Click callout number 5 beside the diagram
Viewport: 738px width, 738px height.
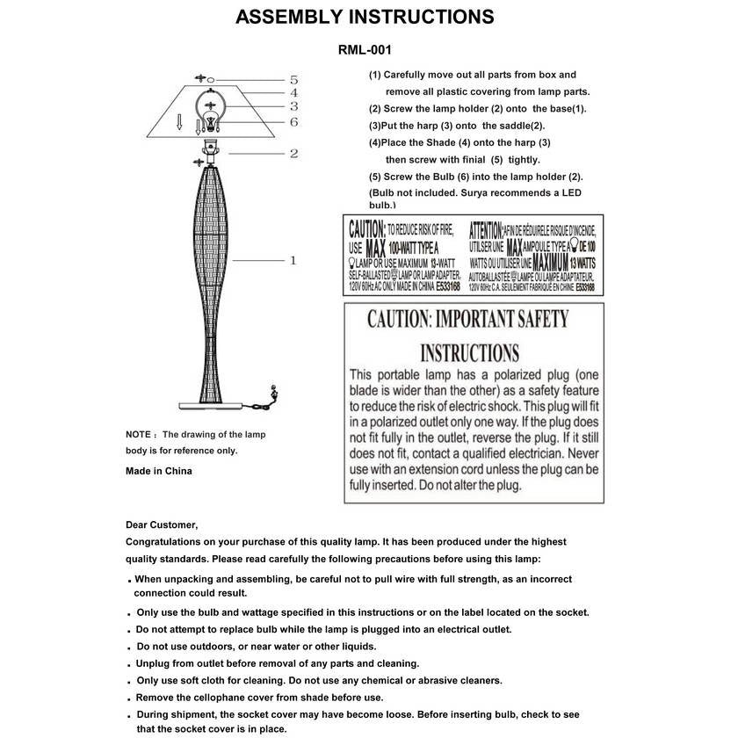(293, 79)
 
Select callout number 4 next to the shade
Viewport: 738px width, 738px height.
(293, 92)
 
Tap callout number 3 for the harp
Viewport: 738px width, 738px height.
(293, 106)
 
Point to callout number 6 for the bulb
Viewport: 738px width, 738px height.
(293, 121)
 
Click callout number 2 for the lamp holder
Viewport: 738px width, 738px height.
(293, 153)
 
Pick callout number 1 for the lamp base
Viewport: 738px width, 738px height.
(293, 260)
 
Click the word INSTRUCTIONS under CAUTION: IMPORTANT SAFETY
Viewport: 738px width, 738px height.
(469, 353)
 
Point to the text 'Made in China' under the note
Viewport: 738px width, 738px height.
(159, 471)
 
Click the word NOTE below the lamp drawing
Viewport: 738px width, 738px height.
(139, 434)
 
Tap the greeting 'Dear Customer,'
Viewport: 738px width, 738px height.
(162, 525)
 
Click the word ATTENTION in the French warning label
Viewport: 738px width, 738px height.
(485, 229)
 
